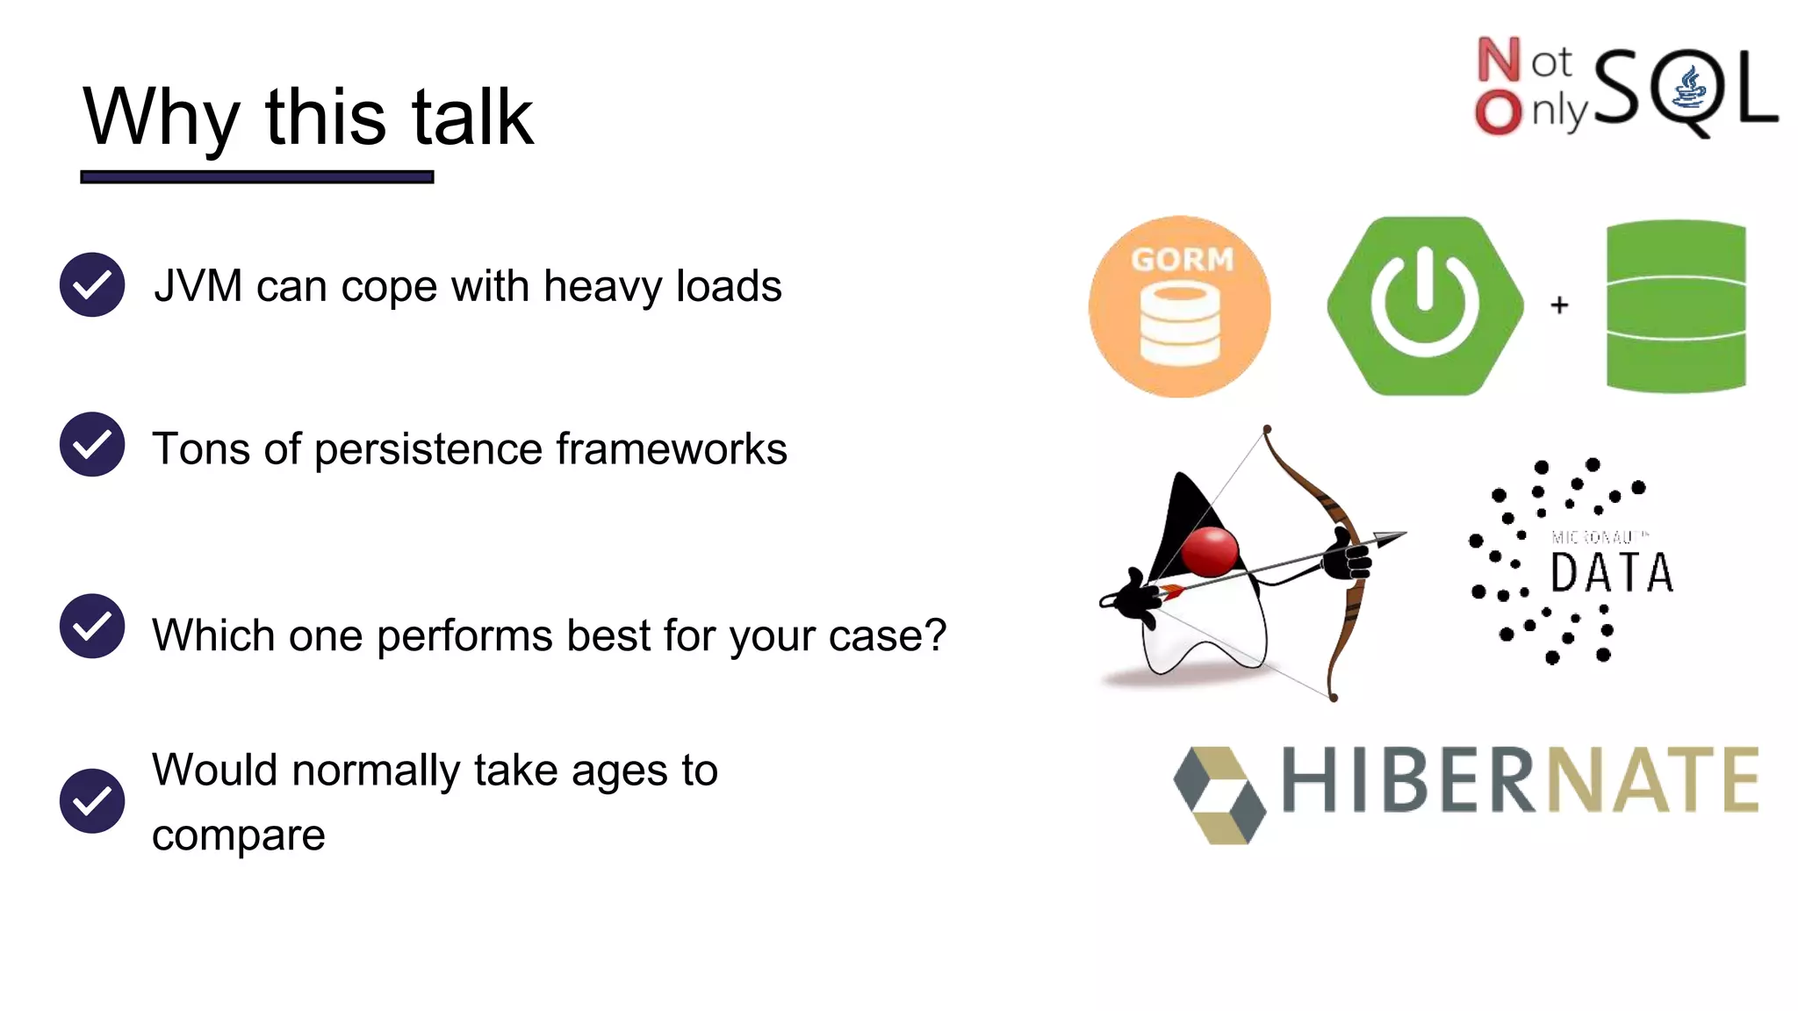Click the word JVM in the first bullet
[x=198, y=287]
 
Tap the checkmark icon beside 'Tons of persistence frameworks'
[x=92, y=444]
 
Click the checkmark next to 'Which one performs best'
[x=92, y=626]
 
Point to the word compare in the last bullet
[x=238, y=835]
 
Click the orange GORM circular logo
[x=1179, y=306]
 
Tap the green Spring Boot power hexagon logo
[x=1424, y=305]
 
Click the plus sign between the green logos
[x=1559, y=305]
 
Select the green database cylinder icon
[x=1675, y=305]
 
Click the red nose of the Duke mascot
[x=1210, y=551]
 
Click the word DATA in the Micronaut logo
[x=1611, y=574]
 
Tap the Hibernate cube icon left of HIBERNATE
[x=1220, y=795]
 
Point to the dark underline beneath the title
[x=257, y=176]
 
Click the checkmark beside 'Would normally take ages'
[x=92, y=801]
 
